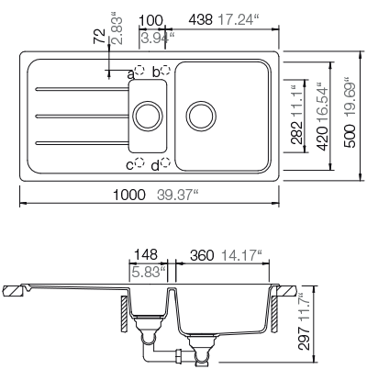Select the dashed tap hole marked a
tap(140, 71)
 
